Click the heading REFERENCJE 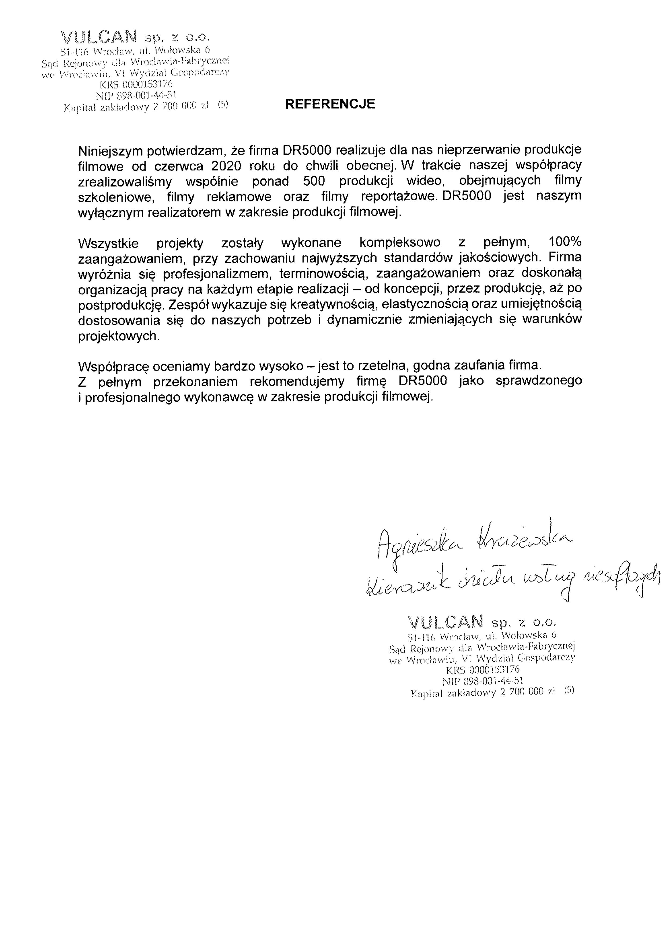330,104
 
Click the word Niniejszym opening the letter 110,151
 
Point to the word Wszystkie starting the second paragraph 108,243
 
